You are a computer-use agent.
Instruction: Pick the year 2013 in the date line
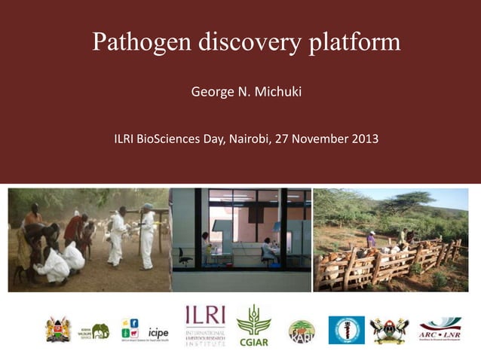[363, 139]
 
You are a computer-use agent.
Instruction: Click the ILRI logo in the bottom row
[205, 325]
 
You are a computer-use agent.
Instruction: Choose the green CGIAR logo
[253, 325]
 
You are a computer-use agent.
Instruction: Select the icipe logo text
[158, 331]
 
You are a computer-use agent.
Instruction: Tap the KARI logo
[302, 331]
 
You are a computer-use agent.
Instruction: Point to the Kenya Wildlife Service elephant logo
[96, 330]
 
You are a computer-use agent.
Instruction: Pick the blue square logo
[346, 330]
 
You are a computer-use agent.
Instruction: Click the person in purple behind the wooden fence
[371, 239]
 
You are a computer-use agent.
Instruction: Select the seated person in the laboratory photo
[268, 249]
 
